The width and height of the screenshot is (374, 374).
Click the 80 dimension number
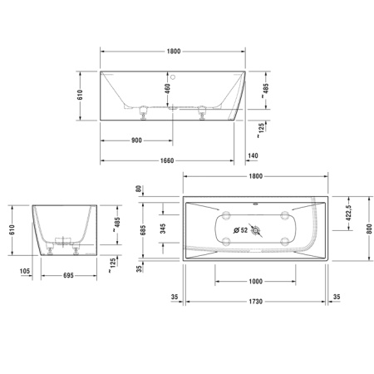coord(139,187)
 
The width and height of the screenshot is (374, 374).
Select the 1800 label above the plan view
coord(254,176)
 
